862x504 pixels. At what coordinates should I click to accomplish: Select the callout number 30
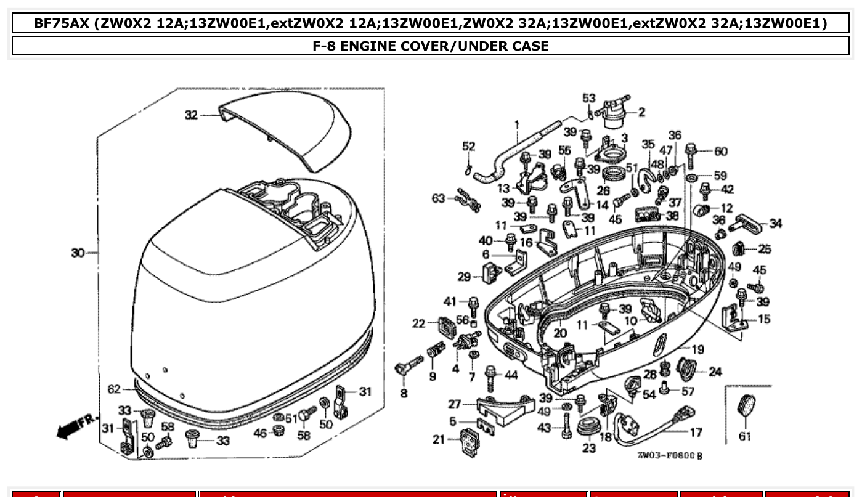78,253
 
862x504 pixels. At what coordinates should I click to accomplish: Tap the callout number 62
114,389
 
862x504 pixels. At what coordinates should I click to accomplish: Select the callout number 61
745,437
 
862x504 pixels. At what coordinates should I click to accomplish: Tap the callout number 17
696,433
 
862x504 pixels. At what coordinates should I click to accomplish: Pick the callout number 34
775,224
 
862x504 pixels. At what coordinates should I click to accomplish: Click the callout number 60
721,152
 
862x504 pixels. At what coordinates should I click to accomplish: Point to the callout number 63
438,198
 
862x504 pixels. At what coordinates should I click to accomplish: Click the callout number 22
418,323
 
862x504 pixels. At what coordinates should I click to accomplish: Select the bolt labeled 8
407,368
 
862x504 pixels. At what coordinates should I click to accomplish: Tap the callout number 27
454,404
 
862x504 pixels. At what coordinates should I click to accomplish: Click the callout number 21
438,439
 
